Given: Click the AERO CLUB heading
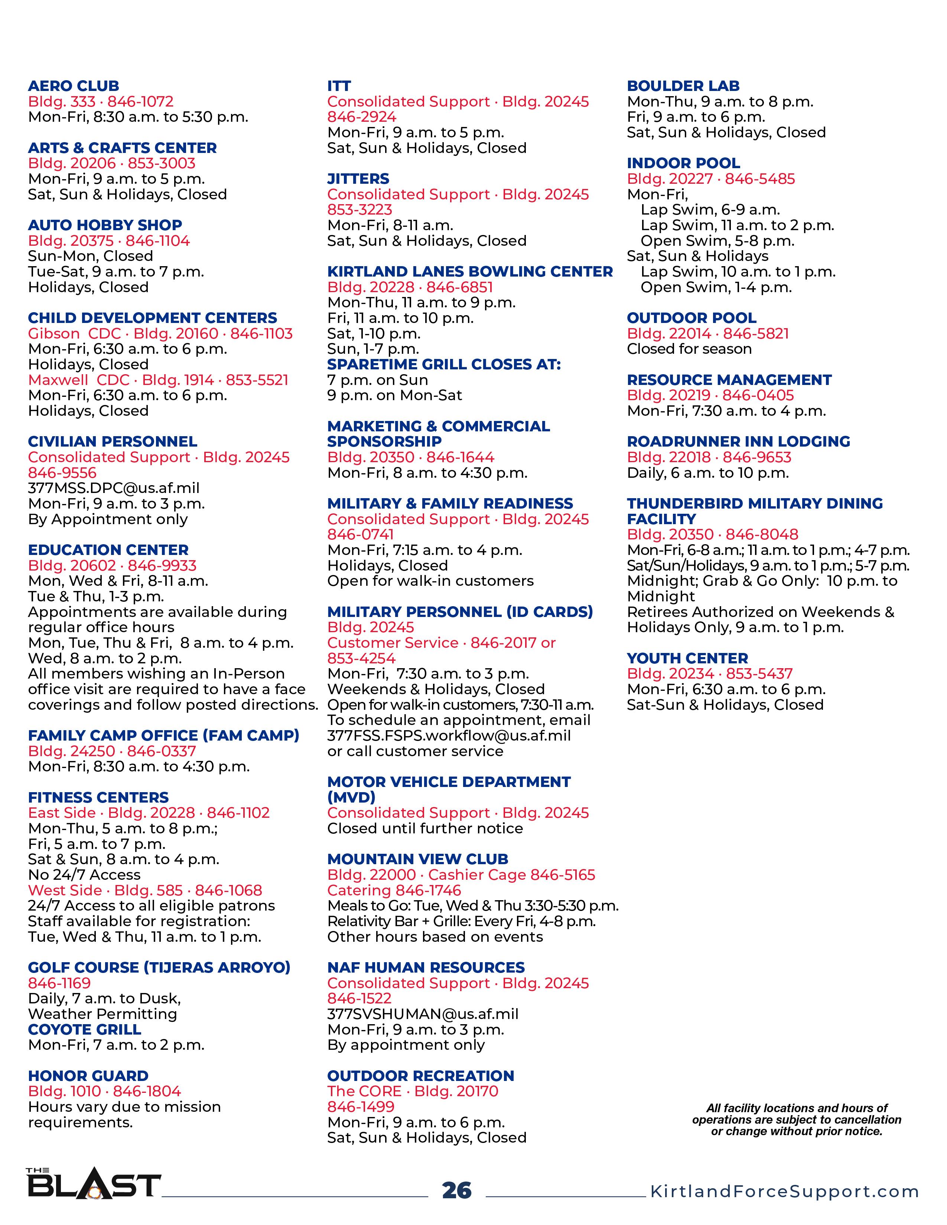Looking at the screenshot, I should pyautogui.click(x=74, y=86).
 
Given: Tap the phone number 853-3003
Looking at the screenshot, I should pyautogui.click(x=162, y=164).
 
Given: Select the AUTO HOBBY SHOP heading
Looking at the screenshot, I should pyautogui.click(x=105, y=225).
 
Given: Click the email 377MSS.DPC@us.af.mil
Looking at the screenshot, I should pyautogui.click(x=114, y=489).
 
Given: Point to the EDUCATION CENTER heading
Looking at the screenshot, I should pyautogui.click(x=108, y=550).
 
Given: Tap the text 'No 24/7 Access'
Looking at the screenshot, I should pyautogui.click(x=84, y=875).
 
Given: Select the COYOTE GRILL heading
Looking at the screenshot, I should pyautogui.click(x=85, y=1030).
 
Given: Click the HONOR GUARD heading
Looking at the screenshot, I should pyautogui.click(x=88, y=1077).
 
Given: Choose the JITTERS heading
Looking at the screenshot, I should pyautogui.click(x=358, y=179).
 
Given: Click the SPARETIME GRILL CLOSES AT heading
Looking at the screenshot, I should pyautogui.click(x=444, y=365).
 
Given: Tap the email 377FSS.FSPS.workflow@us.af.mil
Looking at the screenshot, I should pyautogui.click(x=449, y=736).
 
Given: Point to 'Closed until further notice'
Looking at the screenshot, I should pyautogui.click(x=425, y=829).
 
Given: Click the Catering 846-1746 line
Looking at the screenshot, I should pyautogui.click(x=394, y=891).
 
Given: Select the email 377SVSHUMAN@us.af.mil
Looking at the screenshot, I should pyautogui.click(x=423, y=1014).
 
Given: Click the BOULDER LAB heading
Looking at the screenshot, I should pyautogui.click(x=683, y=86).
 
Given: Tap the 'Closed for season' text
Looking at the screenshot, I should pyautogui.click(x=689, y=349).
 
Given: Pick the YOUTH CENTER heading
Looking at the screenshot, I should pyautogui.click(x=687, y=659).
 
